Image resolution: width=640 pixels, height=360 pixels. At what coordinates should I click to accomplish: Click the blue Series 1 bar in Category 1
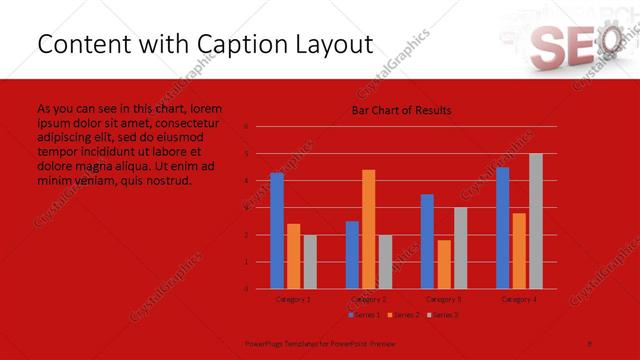coord(277,231)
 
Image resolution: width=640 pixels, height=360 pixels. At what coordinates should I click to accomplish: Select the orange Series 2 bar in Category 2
coord(368,229)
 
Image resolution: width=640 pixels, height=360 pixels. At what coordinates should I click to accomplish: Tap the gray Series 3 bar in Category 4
coord(535,221)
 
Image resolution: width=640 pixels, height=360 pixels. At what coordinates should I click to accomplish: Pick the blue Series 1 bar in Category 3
coord(427,241)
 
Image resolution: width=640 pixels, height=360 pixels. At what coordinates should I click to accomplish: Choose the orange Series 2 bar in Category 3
coord(443,264)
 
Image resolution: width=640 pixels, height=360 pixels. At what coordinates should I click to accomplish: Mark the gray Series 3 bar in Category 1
coord(309,262)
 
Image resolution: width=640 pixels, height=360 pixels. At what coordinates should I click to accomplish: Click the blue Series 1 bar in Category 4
coord(502,228)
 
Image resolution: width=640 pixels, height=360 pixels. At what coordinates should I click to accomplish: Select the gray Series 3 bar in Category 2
coord(385,262)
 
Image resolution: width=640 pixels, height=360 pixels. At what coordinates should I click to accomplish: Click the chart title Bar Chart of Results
coord(400,110)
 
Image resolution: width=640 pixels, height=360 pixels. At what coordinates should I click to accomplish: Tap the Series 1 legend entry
coord(365,315)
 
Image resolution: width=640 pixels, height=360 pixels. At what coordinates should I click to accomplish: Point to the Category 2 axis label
coord(368,299)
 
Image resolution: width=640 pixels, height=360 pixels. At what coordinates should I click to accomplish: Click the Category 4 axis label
coord(518,299)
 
